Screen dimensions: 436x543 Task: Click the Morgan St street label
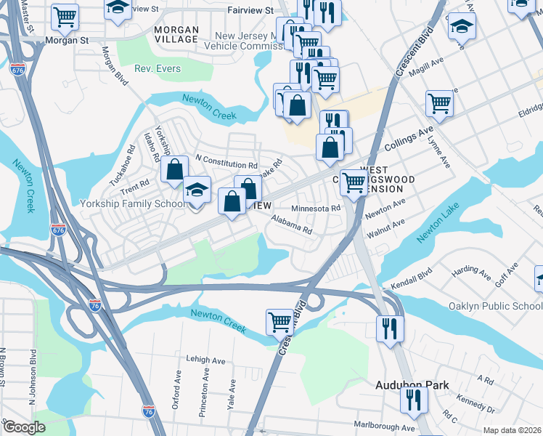point(64,41)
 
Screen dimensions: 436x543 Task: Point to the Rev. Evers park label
point(158,69)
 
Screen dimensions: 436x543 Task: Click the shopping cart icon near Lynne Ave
point(440,103)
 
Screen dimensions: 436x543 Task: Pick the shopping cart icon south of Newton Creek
point(279,320)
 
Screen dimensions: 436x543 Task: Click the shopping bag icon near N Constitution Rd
point(175,171)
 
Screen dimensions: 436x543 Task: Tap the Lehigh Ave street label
point(207,359)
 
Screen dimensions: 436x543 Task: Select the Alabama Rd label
point(292,225)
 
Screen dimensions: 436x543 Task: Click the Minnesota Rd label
point(316,209)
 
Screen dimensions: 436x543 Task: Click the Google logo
point(24,427)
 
